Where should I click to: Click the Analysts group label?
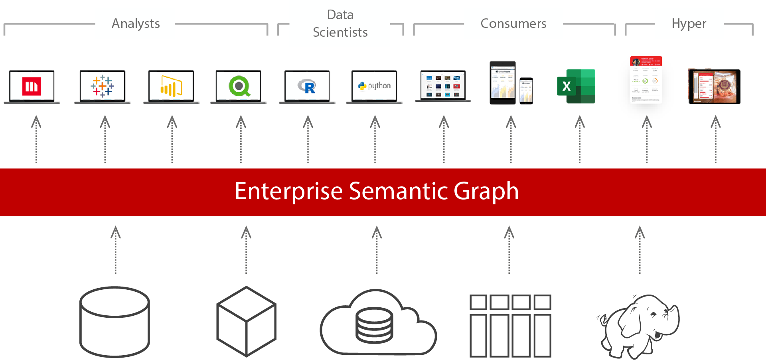(x=136, y=24)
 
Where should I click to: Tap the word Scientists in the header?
(x=340, y=32)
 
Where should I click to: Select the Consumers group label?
(x=513, y=24)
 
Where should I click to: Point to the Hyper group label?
(x=689, y=24)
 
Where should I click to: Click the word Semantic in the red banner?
(x=399, y=191)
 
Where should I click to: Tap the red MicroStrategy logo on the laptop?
(x=32, y=86)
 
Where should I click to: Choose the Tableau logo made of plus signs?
(x=102, y=86)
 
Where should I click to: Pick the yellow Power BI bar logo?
(x=171, y=86)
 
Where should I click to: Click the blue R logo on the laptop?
(x=307, y=86)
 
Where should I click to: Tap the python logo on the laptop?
(x=374, y=86)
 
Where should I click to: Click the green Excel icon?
(x=576, y=86)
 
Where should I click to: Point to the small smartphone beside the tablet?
(x=526, y=91)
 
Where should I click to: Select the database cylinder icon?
(x=115, y=321)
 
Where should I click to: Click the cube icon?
(x=246, y=321)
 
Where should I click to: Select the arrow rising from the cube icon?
(x=246, y=249)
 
